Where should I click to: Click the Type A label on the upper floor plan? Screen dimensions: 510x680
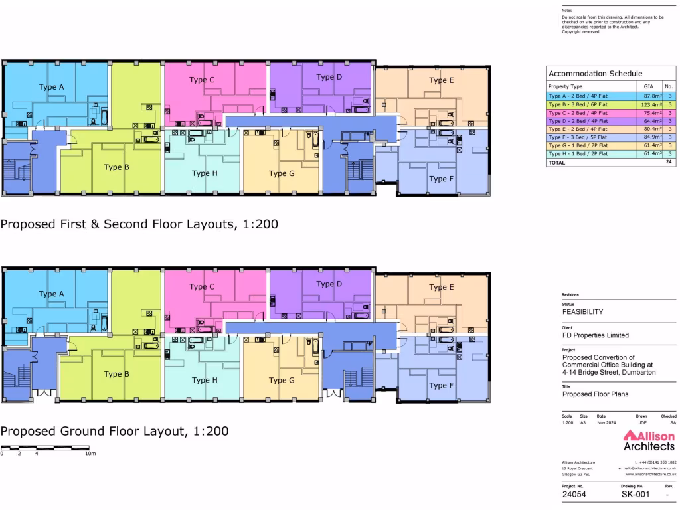(51, 87)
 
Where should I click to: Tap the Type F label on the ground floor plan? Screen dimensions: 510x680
(438, 385)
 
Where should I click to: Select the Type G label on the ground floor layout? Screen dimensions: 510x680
(282, 381)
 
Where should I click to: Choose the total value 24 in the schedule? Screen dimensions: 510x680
(669, 161)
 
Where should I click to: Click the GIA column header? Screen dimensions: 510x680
(648, 87)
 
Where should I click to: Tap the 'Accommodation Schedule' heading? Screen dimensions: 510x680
(586, 74)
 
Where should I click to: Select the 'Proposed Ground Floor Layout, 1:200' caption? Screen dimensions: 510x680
(115, 431)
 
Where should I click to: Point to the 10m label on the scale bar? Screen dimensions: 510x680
(91, 454)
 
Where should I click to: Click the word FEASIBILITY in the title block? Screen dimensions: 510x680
(582, 311)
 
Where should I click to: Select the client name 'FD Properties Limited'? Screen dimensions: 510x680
(595, 335)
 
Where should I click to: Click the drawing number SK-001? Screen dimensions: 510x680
(634, 495)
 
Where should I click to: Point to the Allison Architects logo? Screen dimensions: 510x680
(648, 440)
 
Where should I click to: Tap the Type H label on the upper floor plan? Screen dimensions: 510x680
(205, 173)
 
